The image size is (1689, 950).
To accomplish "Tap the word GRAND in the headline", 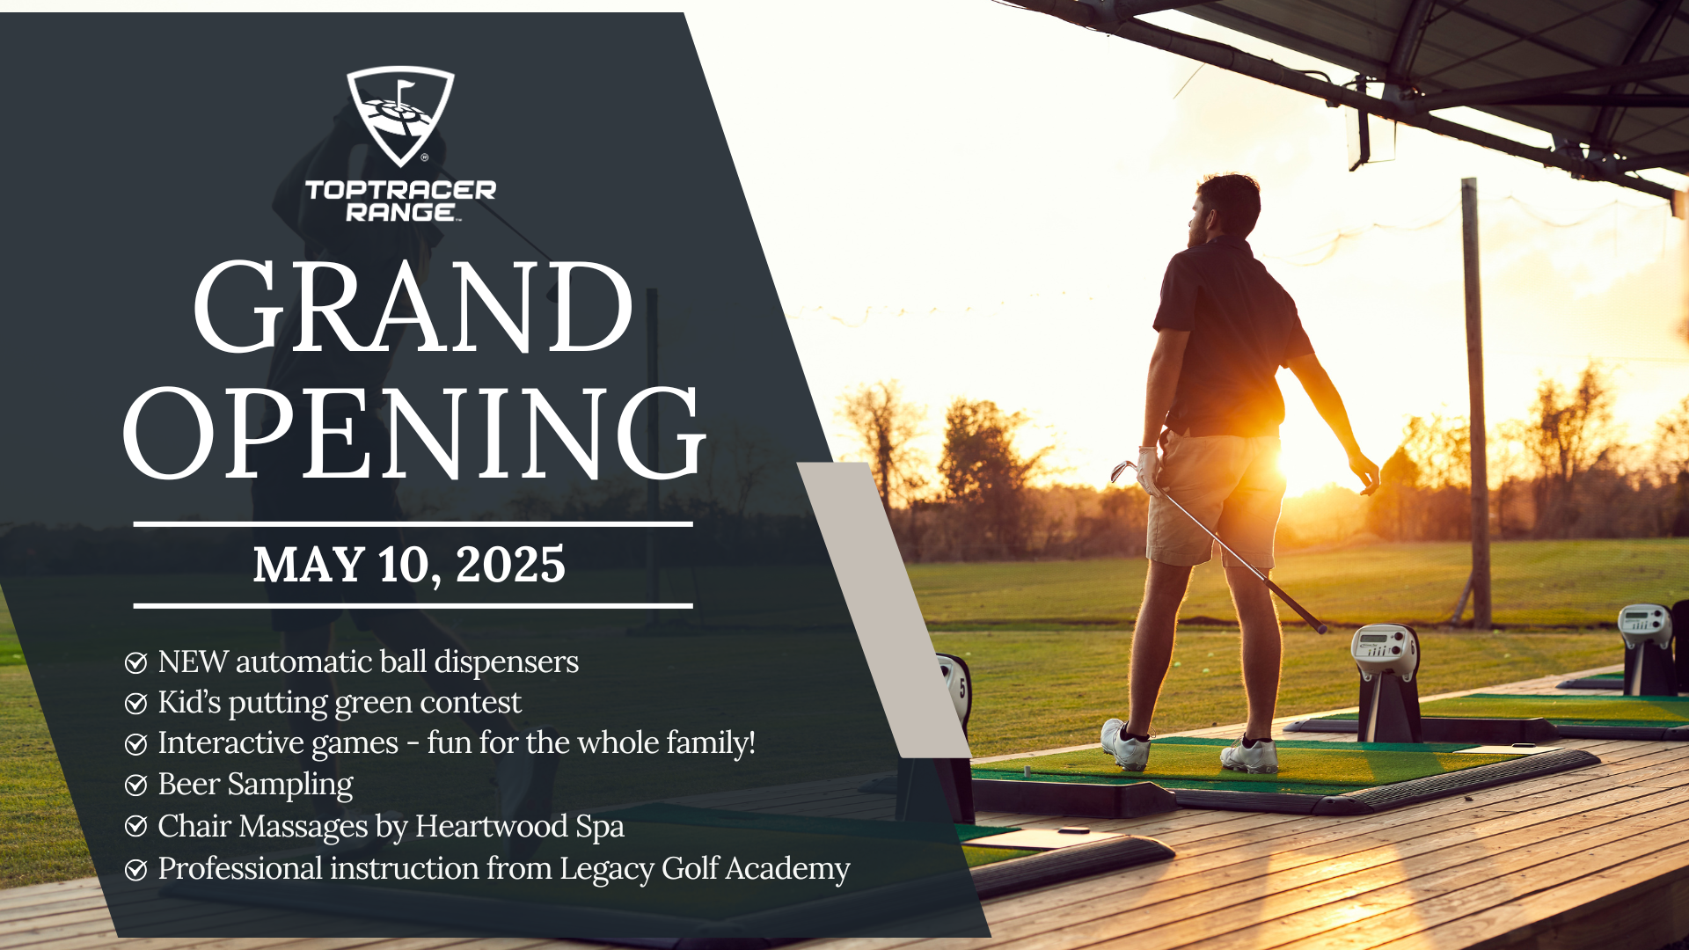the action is pyautogui.click(x=413, y=307).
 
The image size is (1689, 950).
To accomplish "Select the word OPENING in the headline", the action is pyautogui.click(x=413, y=434).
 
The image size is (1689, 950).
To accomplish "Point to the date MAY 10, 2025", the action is pyautogui.click(x=409, y=565).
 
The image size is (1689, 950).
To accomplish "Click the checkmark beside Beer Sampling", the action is pyautogui.click(x=135, y=785).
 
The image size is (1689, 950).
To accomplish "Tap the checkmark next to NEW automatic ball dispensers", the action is pyautogui.click(x=135, y=662).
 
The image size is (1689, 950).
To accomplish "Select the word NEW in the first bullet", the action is pyautogui.click(x=194, y=661).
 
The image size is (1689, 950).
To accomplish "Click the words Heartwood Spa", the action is pyautogui.click(x=519, y=827).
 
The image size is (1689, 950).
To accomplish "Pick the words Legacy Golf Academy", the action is pyautogui.click(x=705, y=869).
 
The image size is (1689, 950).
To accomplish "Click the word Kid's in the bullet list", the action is pyautogui.click(x=189, y=702).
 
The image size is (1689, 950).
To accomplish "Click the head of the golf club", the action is pyautogui.click(x=1122, y=471).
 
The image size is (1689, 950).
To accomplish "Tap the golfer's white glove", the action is pyautogui.click(x=1149, y=469).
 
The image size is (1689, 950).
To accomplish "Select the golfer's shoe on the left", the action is pyautogui.click(x=1126, y=744).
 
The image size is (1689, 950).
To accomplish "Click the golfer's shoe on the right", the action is pyautogui.click(x=1250, y=755).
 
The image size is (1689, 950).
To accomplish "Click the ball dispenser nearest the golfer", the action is pyautogui.click(x=1385, y=682).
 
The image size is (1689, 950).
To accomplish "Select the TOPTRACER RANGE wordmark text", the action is pyautogui.click(x=400, y=201).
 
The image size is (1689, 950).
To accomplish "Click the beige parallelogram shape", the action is pyautogui.click(x=884, y=610).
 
